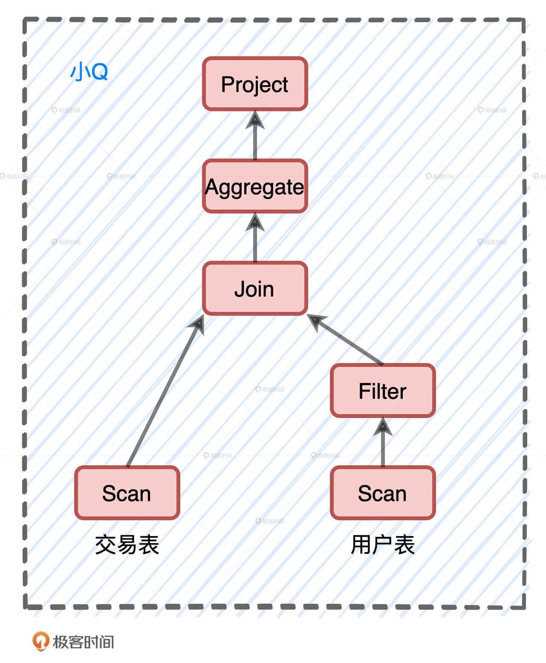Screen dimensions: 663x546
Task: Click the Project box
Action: (255, 84)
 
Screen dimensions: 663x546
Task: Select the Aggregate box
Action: (255, 186)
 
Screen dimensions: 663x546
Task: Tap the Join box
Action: (255, 288)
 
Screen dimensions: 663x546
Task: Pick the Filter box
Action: (383, 391)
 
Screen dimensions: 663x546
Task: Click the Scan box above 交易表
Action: (127, 493)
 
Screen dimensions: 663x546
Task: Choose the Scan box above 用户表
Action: (383, 493)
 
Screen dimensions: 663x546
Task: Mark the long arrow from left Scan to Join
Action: (164, 392)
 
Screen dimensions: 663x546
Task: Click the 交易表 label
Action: (127, 545)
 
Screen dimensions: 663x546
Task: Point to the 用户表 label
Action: (383, 545)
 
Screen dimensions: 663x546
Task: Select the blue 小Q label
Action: (89, 72)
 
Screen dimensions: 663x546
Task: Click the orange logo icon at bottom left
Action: (40, 641)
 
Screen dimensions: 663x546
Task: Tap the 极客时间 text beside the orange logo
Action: (84, 642)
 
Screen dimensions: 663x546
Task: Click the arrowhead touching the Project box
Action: (255, 120)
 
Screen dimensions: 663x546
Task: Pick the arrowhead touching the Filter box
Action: (383, 427)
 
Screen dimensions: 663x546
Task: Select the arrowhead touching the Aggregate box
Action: (255, 222)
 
